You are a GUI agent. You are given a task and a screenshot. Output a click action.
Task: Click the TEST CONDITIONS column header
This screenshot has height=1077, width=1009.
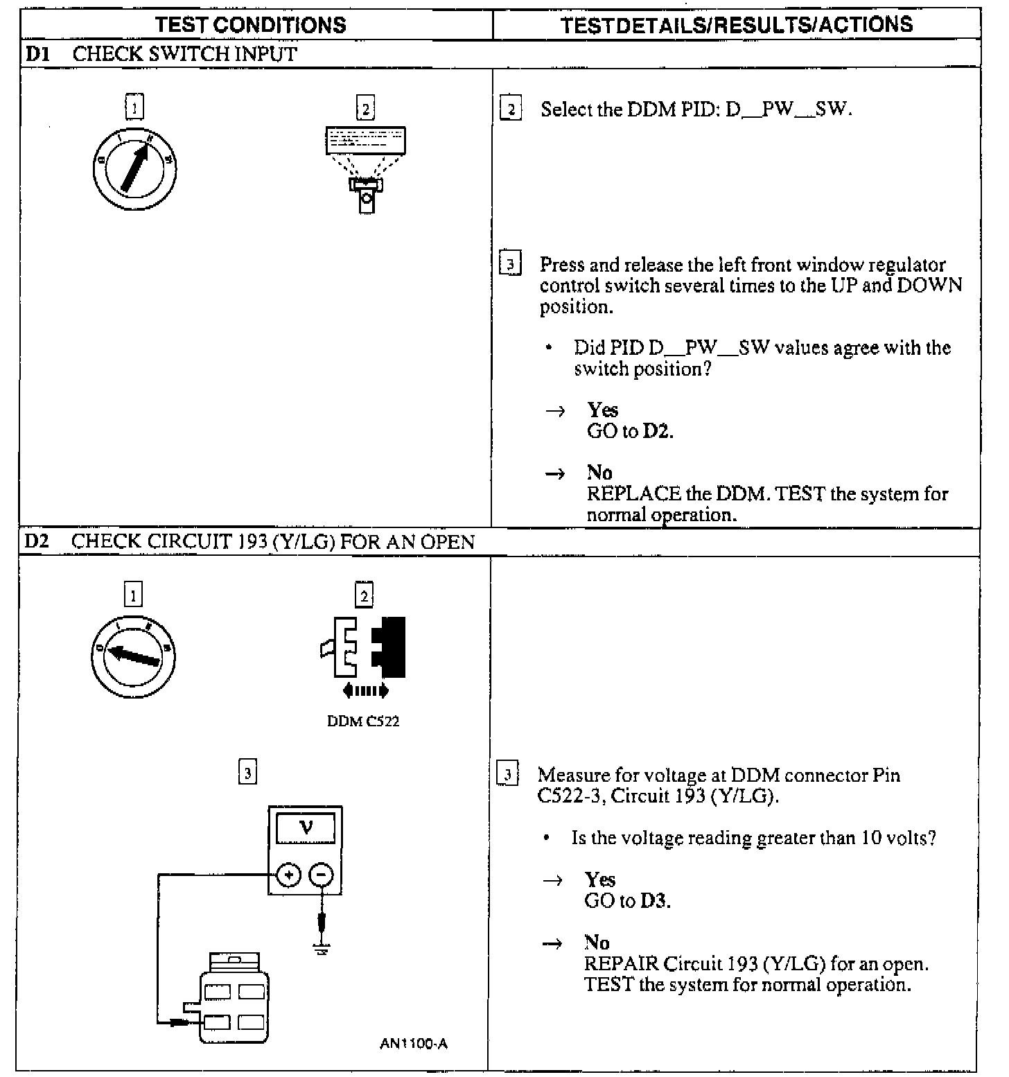click(x=251, y=25)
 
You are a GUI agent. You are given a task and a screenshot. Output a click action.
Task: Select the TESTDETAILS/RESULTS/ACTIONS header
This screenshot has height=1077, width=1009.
click(x=736, y=25)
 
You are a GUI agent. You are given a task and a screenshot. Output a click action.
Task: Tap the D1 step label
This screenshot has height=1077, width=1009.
click(x=37, y=54)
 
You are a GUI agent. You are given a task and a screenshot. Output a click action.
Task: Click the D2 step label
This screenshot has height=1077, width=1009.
click(x=37, y=541)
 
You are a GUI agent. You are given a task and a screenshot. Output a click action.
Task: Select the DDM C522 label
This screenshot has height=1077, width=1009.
click(x=363, y=721)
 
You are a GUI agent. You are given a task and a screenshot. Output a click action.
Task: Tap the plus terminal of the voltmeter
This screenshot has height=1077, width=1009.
click(x=288, y=875)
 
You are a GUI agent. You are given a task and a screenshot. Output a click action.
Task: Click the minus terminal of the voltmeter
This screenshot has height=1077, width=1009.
click(x=320, y=875)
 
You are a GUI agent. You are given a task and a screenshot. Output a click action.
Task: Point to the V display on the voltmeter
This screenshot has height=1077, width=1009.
click(x=306, y=828)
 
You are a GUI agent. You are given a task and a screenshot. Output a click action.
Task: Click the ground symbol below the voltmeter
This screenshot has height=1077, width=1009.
click(x=321, y=948)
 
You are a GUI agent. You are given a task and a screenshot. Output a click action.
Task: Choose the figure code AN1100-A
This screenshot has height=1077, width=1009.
click(x=413, y=1044)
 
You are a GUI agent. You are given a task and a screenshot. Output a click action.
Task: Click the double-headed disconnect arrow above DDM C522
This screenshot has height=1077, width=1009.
click(x=366, y=690)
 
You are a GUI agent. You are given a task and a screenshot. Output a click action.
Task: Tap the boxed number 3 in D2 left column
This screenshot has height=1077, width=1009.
click(x=247, y=772)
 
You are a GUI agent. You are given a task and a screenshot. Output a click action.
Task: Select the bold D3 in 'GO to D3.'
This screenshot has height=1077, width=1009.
click(x=655, y=901)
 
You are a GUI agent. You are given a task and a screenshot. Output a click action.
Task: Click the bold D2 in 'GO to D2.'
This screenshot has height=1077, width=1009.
click(x=658, y=431)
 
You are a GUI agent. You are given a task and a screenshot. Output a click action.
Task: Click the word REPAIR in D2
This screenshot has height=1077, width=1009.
click(x=621, y=964)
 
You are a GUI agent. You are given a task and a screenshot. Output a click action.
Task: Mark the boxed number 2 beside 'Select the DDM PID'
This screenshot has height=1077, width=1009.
click(x=511, y=110)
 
